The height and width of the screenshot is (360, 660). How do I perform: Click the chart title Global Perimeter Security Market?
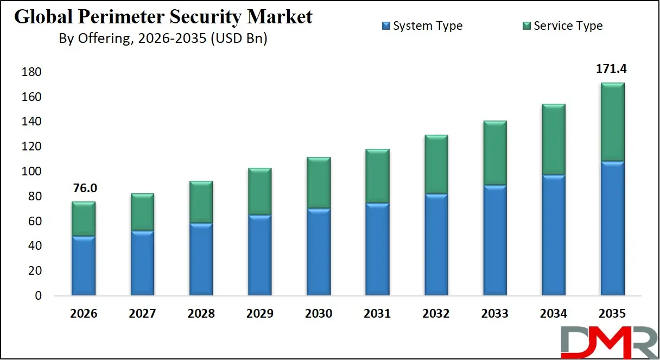163,17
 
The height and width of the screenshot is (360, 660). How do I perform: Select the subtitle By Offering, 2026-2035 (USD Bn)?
163,39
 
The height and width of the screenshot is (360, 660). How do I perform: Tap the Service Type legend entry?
562,26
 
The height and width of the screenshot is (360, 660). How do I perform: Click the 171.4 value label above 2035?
612,69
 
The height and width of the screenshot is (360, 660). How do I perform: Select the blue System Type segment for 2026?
83,266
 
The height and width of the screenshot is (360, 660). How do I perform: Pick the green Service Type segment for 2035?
612,122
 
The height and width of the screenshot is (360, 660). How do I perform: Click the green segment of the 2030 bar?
319,183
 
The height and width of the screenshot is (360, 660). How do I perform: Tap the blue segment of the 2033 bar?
495,241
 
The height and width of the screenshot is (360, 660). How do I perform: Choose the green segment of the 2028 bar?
201,202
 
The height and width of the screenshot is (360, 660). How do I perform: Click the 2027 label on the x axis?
142,313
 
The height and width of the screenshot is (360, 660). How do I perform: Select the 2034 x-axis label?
554,313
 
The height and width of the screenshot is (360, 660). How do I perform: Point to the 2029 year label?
259,313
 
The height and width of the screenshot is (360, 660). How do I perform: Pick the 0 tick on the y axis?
37,296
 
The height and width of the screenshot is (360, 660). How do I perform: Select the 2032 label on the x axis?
436,313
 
